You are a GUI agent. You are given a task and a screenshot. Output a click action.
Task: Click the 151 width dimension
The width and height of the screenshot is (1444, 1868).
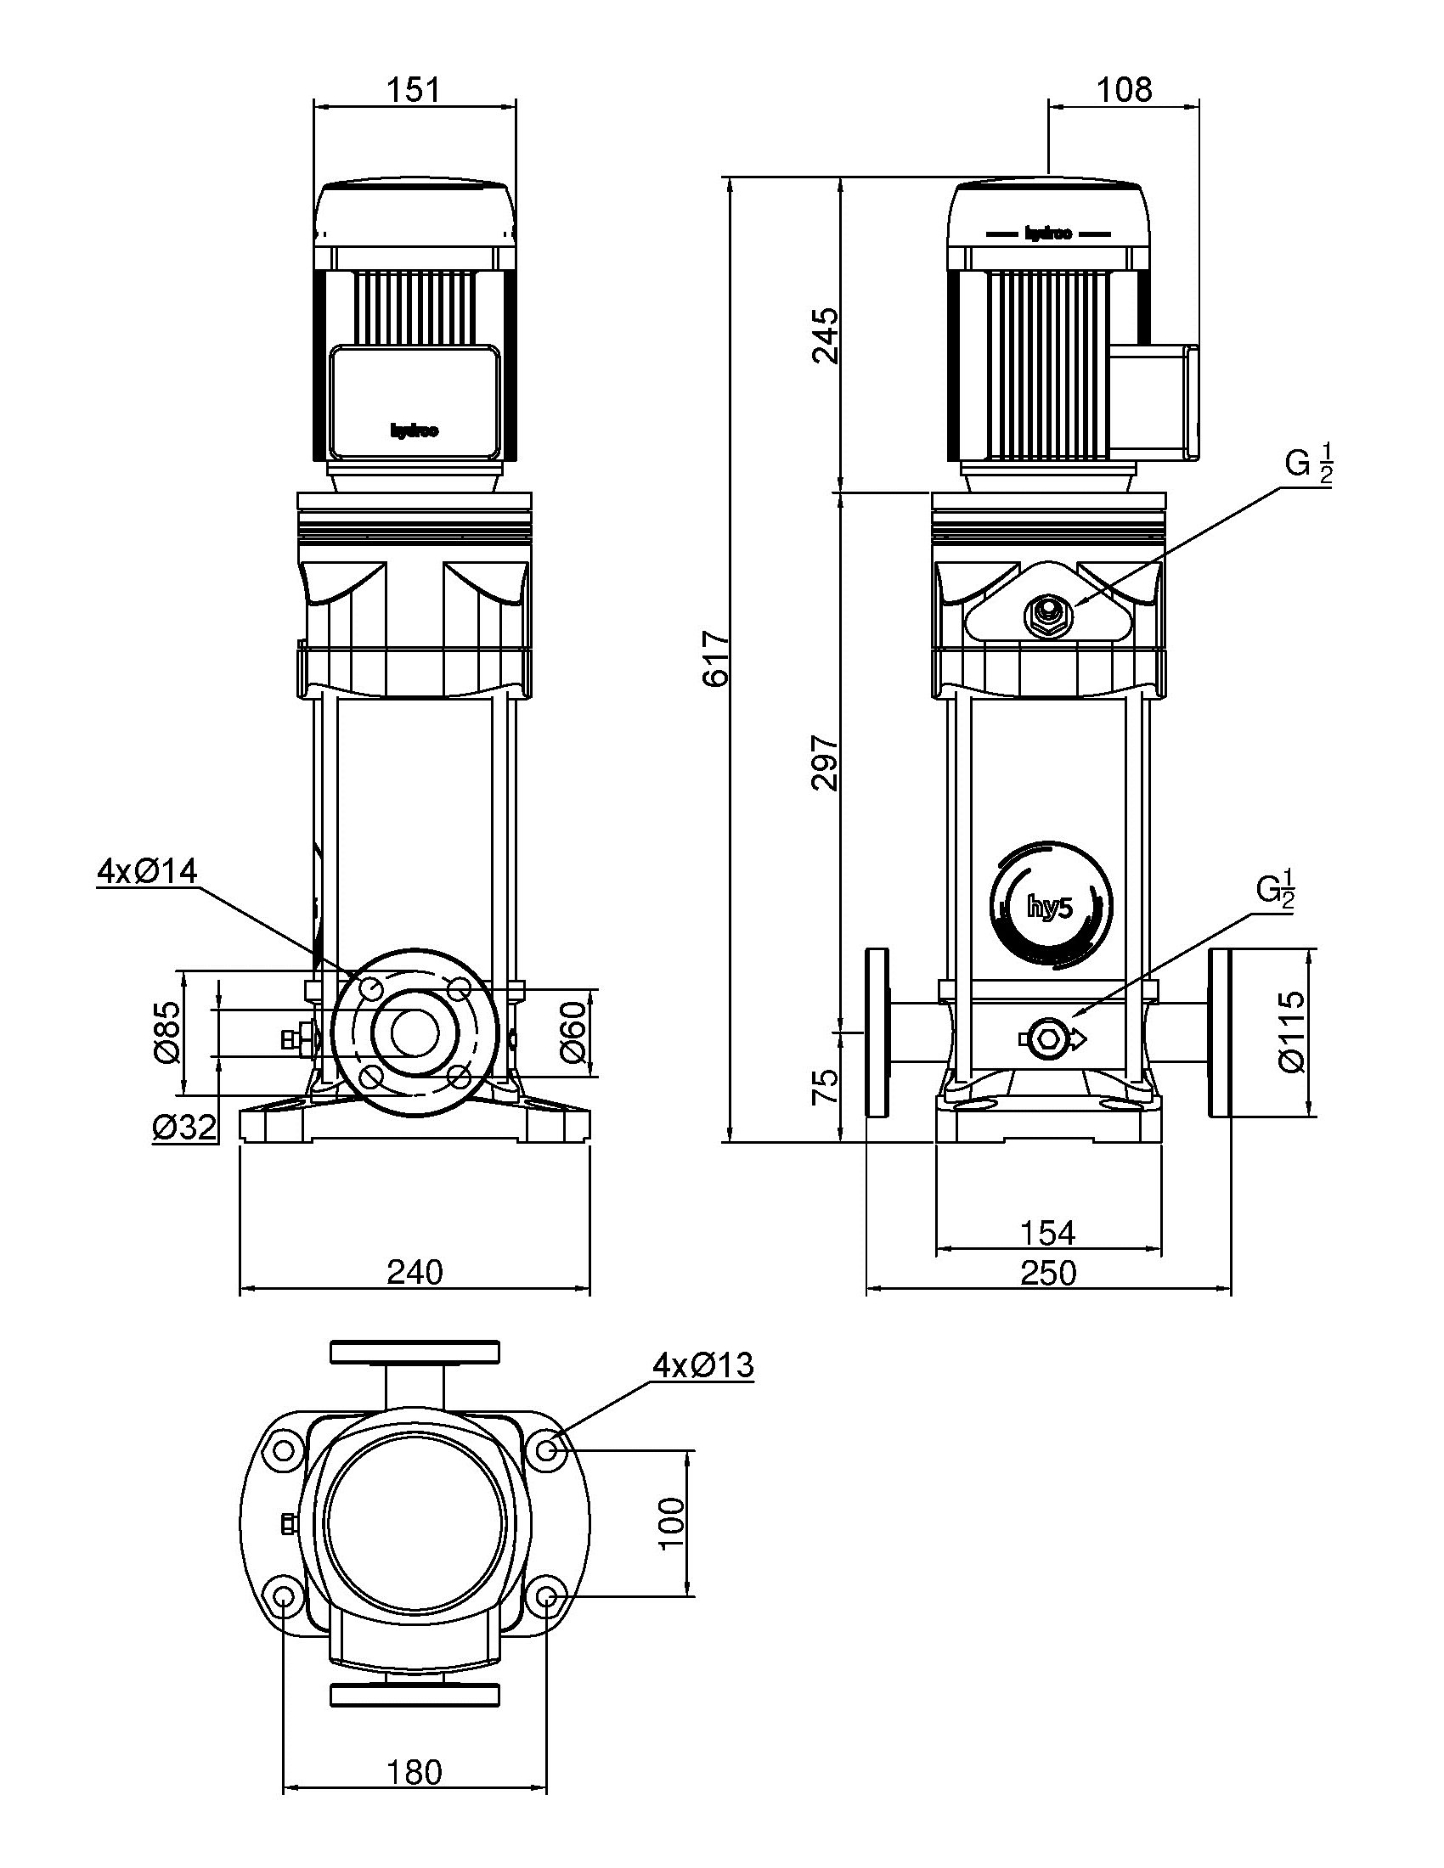click(x=415, y=88)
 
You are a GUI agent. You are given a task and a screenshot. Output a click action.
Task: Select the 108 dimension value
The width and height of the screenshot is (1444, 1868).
click(x=1124, y=88)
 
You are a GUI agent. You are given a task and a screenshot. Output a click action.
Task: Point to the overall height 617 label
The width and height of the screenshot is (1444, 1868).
click(x=715, y=659)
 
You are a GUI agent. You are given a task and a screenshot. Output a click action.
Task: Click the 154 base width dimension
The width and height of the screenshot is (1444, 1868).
click(x=1048, y=1233)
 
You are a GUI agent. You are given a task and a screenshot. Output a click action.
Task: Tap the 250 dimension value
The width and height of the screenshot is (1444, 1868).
click(x=1048, y=1274)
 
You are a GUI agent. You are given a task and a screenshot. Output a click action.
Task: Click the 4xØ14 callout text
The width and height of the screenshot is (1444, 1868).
click(x=147, y=871)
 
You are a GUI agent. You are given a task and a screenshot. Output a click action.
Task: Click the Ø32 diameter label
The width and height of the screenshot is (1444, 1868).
click(x=184, y=1128)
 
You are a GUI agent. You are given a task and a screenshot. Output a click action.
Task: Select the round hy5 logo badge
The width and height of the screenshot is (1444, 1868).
click(x=1052, y=907)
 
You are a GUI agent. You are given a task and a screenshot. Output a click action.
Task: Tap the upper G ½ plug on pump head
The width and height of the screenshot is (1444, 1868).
click(x=1046, y=610)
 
